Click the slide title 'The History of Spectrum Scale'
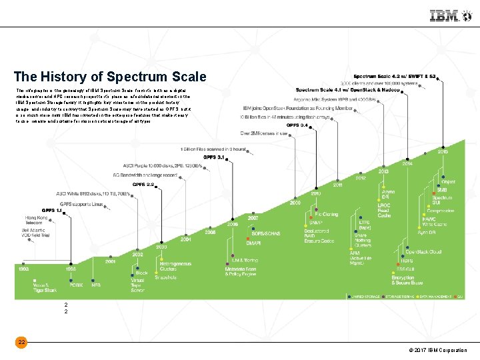(110, 77)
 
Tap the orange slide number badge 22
(22, 342)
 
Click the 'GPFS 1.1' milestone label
(51, 210)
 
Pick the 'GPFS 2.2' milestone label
(143, 184)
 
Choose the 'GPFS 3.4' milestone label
(297, 125)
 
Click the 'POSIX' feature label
(77, 285)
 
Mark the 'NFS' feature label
(96, 285)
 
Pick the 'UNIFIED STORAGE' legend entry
(364, 295)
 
